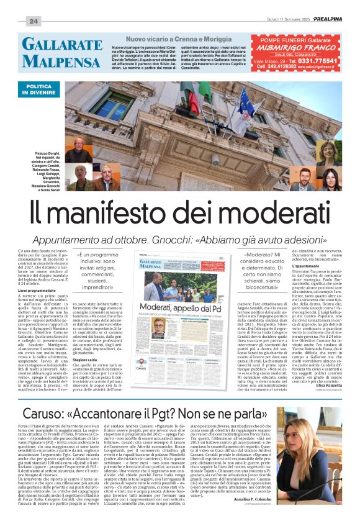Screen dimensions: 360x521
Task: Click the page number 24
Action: point(34,20)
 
